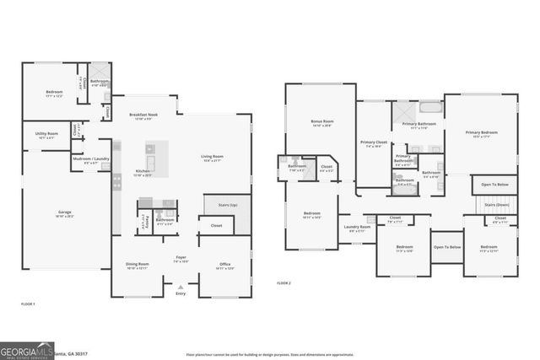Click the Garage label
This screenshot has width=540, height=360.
(64, 212)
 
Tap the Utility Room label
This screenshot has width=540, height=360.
(46, 133)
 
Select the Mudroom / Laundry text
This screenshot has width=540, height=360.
(89, 159)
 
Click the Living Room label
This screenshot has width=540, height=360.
(212, 156)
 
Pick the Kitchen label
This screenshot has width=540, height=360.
(143, 172)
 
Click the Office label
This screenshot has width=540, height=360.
(224, 264)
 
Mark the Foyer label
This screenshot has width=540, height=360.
(181, 257)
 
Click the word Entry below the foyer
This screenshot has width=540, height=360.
(181, 293)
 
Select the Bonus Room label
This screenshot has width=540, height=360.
(321, 121)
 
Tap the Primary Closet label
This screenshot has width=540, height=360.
(372, 142)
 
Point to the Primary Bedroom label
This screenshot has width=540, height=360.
(482, 132)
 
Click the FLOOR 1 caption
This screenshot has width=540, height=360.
(28, 303)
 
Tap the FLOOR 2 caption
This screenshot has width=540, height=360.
(283, 284)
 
